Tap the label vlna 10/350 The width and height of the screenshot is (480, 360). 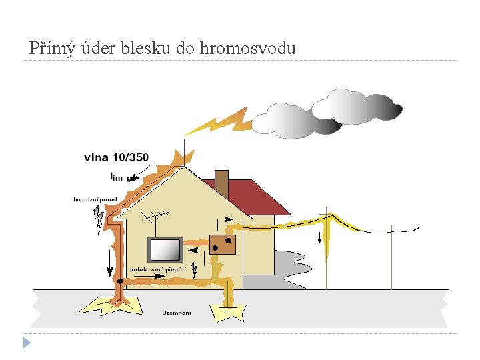pos(116,158)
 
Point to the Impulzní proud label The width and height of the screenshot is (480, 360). pos(95,199)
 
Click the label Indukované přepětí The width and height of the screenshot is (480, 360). pos(157,269)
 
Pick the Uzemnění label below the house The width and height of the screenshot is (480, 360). pos(177,313)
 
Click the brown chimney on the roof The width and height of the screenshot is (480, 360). pos(222,184)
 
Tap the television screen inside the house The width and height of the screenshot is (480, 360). pos(165,250)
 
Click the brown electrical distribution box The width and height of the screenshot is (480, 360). pos(223,244)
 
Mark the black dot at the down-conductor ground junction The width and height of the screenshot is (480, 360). pos(120,281)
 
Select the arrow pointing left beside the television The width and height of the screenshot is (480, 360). pos(195,251)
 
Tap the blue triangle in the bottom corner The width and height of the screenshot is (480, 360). pos(26,343)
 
